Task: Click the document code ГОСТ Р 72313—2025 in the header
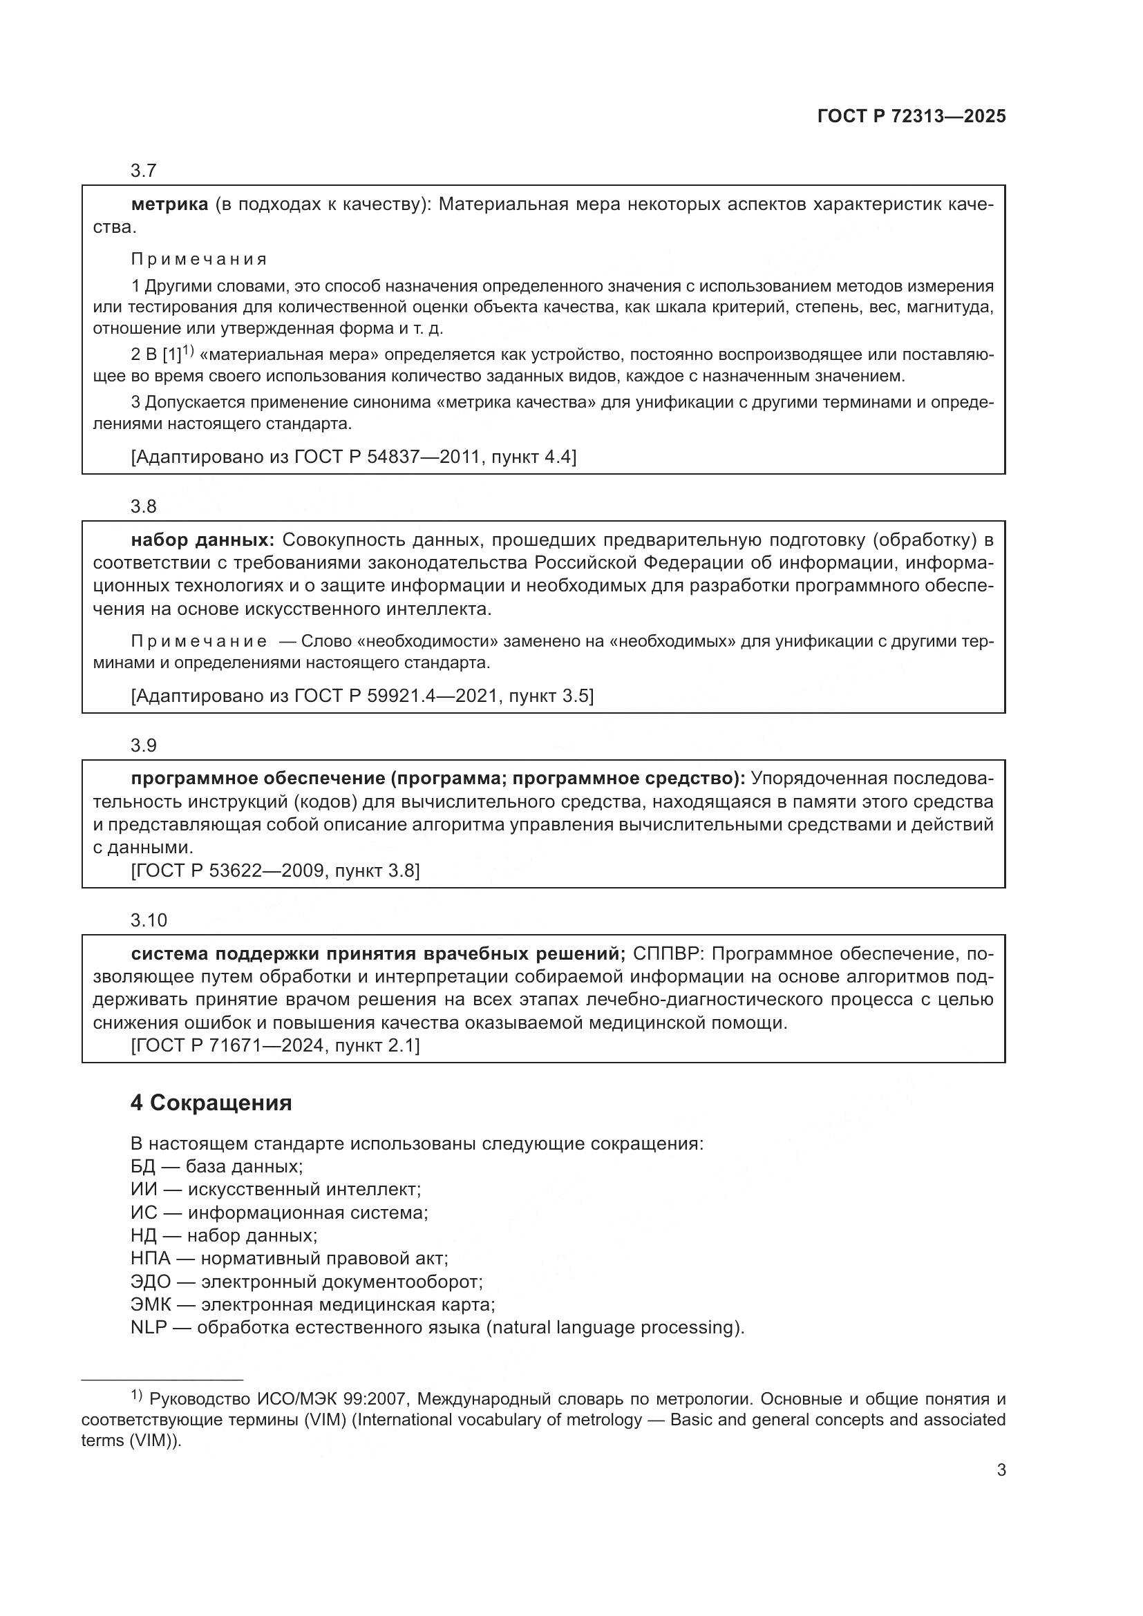(911, 117)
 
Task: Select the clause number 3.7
(143, 171)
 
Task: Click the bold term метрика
(169, 205)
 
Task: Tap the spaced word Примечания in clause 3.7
(199, 259)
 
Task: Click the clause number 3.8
(143, 506)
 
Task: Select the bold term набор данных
(202, 540)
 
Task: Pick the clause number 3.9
(143, 745)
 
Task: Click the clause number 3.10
(149, 920)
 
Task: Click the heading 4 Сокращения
(211, 1103)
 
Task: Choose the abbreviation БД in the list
(142, 1166)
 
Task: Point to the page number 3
(1001, 1470)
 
